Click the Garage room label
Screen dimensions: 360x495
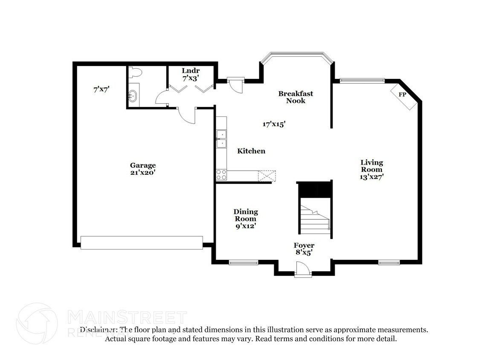click(x=143, y=165)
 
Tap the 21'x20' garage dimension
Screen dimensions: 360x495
click(x=143, y=173)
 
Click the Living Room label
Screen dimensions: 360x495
click(x=371, y=166)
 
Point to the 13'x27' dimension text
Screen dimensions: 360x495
click(x=371, y=177)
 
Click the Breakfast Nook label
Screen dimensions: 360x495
click(x=296, y=97)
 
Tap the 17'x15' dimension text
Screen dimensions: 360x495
click(x=273, y=124)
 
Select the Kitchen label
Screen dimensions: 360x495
click(x=251, y=151)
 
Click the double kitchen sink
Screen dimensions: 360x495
click(x=221, y=139)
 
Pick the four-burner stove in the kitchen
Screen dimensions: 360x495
click(x=221, y=174)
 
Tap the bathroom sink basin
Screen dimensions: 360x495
click(x=133, y=96)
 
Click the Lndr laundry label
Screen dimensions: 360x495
click(x=191, y=70)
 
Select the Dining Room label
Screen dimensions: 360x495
click(x=246, y=215)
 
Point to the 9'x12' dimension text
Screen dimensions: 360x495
click(x=246, y=226)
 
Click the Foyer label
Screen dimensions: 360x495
click(x=304, y=245)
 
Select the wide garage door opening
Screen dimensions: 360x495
click(x=142, y=243)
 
